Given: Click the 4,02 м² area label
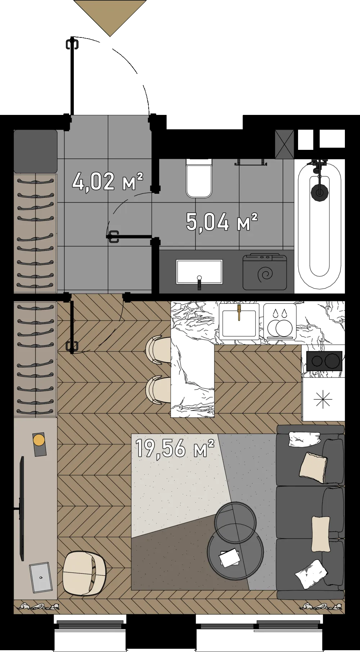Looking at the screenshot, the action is tap(108, 181).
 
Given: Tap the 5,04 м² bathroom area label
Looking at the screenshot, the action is tap(222, 222).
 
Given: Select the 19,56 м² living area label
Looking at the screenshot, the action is tap(175, 448).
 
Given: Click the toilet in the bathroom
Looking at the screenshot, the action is tap(199, 178).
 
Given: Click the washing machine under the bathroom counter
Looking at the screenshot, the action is tap(265, 272).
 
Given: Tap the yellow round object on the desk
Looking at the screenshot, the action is tap(39, 440).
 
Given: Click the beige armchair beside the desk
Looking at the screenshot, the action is tap(84, 573).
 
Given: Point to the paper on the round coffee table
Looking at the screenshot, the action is tap(230, 558).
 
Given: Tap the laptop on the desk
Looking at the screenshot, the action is tap(40, 577).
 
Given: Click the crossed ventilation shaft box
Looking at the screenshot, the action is tap(284, 144).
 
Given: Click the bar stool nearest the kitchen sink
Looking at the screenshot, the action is tap(158, 349).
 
